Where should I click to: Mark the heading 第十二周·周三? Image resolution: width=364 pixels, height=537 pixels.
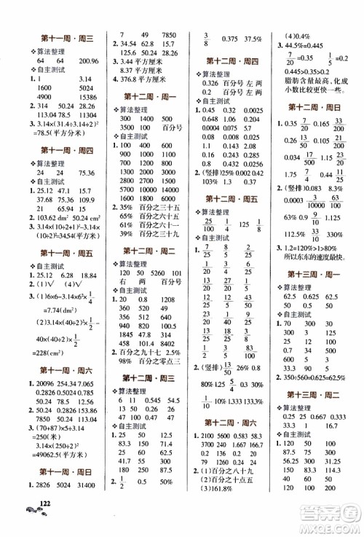(x=146, y=378)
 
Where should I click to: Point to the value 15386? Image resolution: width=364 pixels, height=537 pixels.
(x=87, y=116)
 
